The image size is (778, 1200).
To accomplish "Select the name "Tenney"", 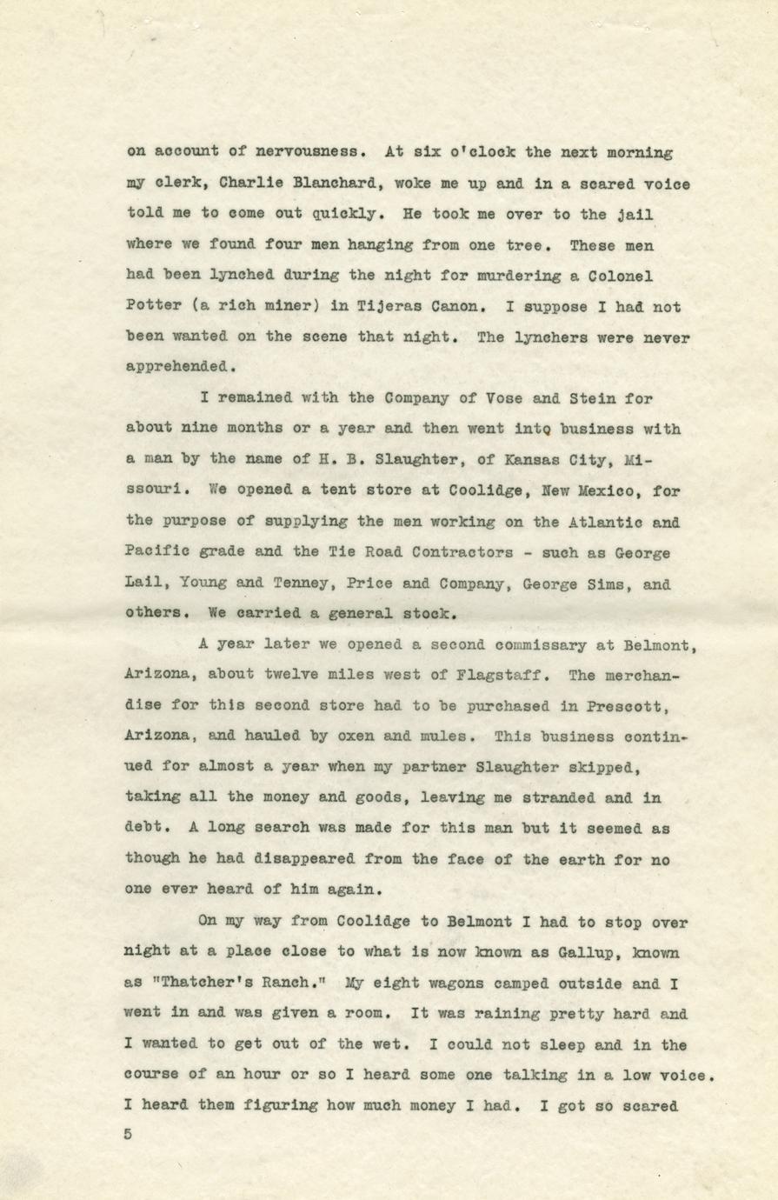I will [x=292, y=584].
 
